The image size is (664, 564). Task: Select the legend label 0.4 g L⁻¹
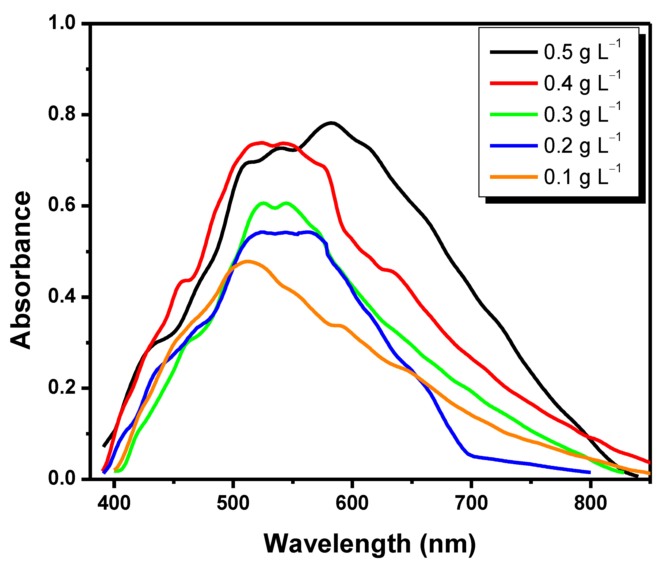click(x=582, y=83)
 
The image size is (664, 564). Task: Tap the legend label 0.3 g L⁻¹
click(x=582, y=114)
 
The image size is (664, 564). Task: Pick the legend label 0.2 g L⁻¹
click(x=582, y=146)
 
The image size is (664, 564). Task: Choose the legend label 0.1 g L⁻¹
click(x=582, y=177)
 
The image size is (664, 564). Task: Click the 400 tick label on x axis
click(x=114, y=503)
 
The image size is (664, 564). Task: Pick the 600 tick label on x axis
click(x=352, y=503)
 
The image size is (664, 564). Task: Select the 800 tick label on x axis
click(x=590, y=503)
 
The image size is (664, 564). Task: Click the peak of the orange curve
click(x=247, y=261)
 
